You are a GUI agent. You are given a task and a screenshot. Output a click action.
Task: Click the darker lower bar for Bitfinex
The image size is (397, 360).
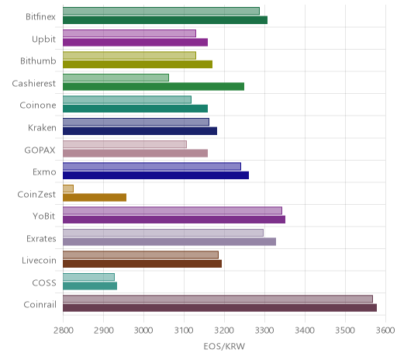click(x=165, y=20)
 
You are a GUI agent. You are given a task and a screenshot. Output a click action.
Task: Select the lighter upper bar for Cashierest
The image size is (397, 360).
click(x=116, y=78)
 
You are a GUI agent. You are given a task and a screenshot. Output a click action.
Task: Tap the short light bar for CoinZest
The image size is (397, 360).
click(x=68, y=189)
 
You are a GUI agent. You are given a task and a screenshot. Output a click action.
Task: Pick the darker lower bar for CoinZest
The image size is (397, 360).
click(x=95, y=197)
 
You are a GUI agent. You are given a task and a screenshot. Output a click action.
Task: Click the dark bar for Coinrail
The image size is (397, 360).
click(x=219, y=308)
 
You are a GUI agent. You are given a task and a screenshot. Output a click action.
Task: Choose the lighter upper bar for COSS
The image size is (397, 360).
click(x=88, y=277)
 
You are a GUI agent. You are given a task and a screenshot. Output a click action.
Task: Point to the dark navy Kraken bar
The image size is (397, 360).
click(x=140, y=131)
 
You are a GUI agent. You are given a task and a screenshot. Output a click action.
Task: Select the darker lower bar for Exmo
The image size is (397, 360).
click(x=156, y=175)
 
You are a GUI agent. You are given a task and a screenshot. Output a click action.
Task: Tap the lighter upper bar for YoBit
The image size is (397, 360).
click(x=172, y=210)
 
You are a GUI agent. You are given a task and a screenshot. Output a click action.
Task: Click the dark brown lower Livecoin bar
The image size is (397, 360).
click(x=142, y=264)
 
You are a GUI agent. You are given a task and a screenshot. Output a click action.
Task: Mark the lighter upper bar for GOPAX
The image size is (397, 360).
click(x=125, y=144)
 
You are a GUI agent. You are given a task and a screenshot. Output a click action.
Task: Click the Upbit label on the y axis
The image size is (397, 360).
click(x=43, y=40)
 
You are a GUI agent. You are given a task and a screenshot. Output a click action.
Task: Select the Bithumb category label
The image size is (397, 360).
click(x=38, y=61)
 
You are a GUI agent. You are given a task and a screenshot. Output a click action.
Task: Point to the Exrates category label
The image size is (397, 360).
click(x=41, y=238)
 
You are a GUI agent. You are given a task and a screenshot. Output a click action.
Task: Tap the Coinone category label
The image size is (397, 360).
click(x=38, y=106)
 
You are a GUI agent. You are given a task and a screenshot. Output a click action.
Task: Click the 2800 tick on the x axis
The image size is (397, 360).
click(x=64, y=331)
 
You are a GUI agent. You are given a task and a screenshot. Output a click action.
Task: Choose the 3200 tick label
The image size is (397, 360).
click(x=225, y=331)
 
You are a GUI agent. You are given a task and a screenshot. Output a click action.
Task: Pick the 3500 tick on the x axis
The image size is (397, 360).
click(x=345, y=331)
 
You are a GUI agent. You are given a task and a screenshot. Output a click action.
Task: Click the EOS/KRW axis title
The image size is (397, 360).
click(x=224, y=346)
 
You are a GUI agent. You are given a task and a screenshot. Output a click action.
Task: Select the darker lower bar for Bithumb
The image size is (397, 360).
click(x=138, y=64)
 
